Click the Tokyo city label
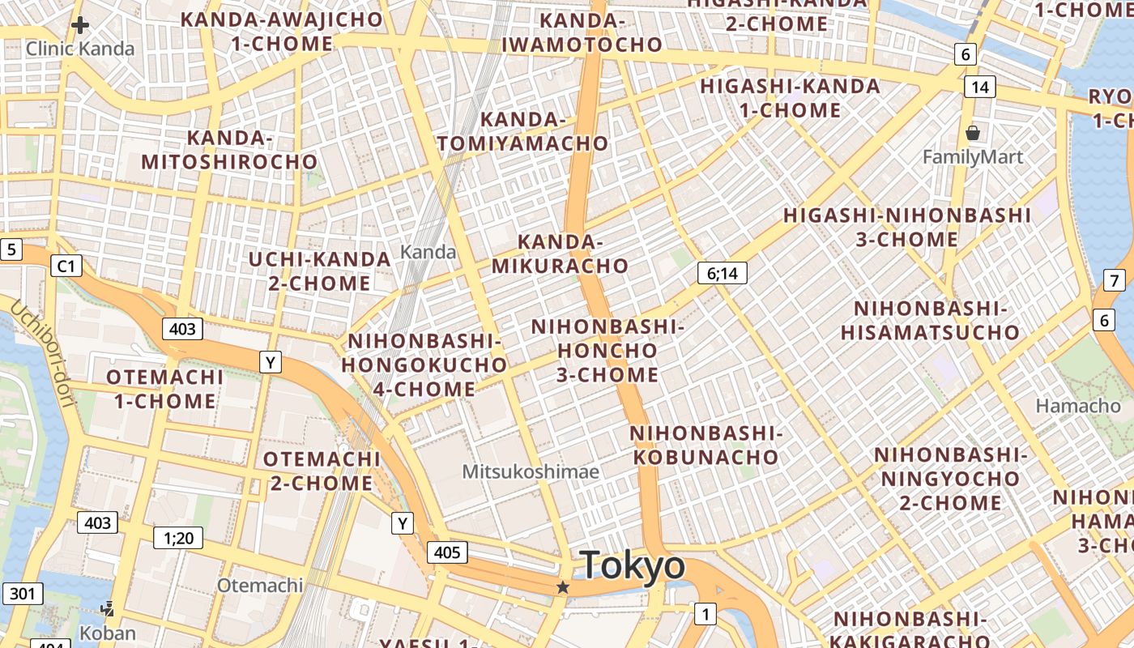point(633,565)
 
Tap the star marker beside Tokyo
point(563,587)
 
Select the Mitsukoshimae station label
point(531,471)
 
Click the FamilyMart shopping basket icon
point(973,132)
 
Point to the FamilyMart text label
point(973,156)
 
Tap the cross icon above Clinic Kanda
point(79,25)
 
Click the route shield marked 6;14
point(722,273)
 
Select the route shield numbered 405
point(446,553)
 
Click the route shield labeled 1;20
point(178,537)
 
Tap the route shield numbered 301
point(22,594)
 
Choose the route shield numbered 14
point(979,87)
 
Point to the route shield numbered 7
point(1115,281)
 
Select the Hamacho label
point(1078,406)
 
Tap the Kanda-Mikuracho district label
point(560,254)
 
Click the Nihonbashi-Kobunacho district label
point(705,445)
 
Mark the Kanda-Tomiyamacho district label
point(523,132)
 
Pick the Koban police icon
point(107,608)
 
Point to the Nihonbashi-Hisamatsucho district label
point(930,321)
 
